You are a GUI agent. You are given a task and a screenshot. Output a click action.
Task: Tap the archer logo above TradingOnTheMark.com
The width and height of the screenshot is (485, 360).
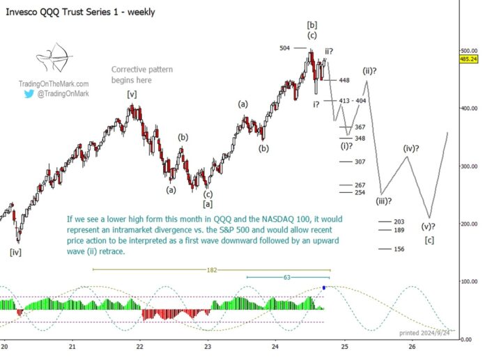tap(47, 62)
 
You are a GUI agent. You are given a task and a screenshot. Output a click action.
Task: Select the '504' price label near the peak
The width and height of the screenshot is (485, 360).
tap(285, 48)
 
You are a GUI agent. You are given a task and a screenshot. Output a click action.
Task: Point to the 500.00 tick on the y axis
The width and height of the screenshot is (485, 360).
tap(468, 51)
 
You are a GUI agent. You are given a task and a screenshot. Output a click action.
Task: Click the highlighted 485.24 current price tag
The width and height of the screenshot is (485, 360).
tap(468, 59)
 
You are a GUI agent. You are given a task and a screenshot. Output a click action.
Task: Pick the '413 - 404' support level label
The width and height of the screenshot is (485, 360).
tap(353, 101)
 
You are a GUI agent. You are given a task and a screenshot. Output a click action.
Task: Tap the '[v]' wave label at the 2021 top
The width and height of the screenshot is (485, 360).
tap(131, 94)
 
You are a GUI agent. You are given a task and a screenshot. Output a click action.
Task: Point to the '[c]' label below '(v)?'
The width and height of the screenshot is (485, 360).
tap(430, 240)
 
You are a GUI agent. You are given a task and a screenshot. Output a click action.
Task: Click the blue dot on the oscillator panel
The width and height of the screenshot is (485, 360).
tap(324, 287)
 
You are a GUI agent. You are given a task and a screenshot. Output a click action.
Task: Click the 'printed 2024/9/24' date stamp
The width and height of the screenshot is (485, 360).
tap(424, 333)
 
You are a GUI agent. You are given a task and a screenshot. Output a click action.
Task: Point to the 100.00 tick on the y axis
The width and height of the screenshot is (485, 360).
tap(468, 281)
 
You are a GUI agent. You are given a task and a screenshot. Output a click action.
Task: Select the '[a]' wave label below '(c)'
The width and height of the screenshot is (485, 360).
tap(208, 203)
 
